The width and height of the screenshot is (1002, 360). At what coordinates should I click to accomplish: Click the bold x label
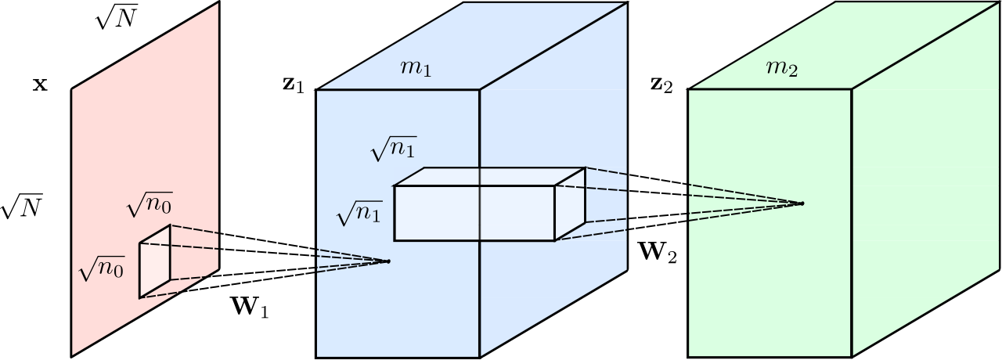click(x=40, y=85)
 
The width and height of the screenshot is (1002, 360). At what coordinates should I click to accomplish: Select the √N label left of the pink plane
click(x=21, y=207)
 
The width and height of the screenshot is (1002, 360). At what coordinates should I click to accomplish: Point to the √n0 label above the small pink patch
click(x=150, y=205)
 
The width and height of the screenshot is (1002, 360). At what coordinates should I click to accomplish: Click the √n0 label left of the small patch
click(x=102, y=268)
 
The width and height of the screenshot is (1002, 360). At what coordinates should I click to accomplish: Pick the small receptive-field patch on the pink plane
click(x=155, y=261)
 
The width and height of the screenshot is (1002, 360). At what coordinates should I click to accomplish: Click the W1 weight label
click(x=250, y=308)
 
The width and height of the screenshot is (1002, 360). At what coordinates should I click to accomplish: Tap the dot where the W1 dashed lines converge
click(x=388, y=261)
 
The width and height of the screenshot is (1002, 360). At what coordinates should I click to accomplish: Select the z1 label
click(x=294, y=85)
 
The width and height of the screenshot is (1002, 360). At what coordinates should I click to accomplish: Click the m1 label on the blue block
click(x=416, y=68)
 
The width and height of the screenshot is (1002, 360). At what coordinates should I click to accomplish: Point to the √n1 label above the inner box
click(x=394, y=149)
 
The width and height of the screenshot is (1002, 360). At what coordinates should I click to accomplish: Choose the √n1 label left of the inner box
click(x=359, y=213)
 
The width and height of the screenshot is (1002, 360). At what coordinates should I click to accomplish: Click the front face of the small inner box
click(x=474, y=214)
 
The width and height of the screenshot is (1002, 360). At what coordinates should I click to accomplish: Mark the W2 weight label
click(x=659, y=252)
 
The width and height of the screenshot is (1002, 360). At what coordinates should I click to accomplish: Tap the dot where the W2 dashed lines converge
click(x=802, y=203)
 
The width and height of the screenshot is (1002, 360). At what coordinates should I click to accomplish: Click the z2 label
click(x=661, y=85)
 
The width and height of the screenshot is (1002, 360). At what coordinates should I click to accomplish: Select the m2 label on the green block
click(x=782, y=68)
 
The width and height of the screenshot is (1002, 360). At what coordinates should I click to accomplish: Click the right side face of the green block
click(x=926, y=179)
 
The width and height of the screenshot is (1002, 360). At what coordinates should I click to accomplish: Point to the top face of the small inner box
click(x=490, y=177)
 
